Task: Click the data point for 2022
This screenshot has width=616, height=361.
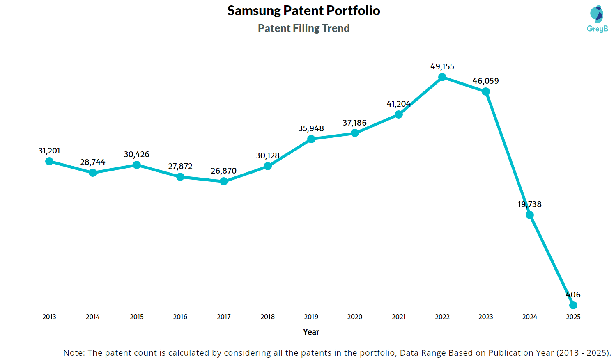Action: coord(442,77)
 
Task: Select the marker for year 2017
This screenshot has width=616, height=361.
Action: coord(224,181)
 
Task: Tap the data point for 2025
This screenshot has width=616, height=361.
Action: coord(573,305)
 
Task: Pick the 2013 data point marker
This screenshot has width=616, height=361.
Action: coord(49,161)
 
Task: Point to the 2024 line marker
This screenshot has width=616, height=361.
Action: coord(530,215)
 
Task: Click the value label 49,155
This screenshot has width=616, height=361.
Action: coord(442,66)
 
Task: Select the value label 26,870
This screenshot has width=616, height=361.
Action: coord(224,171)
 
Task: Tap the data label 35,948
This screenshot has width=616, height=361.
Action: coord(311,128)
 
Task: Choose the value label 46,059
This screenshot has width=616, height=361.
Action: coord(485,81)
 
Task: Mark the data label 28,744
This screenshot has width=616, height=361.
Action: coord(93,162)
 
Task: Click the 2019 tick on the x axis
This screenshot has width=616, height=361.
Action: coord(311,317)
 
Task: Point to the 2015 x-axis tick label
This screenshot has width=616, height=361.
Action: coord(137,317)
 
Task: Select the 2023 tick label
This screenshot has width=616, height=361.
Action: coord(486,317)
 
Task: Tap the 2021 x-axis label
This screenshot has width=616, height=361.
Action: coord(399,317)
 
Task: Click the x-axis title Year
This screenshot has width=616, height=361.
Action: coord(311,332)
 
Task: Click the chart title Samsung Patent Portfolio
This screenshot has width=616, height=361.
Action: coord(303,11)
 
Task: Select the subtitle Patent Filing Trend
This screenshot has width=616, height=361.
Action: coord(303,28)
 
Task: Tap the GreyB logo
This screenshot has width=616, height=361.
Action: coord(597,19)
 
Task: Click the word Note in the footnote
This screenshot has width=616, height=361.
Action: coord(73,353)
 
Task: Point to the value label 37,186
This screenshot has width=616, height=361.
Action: coord(354,123)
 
